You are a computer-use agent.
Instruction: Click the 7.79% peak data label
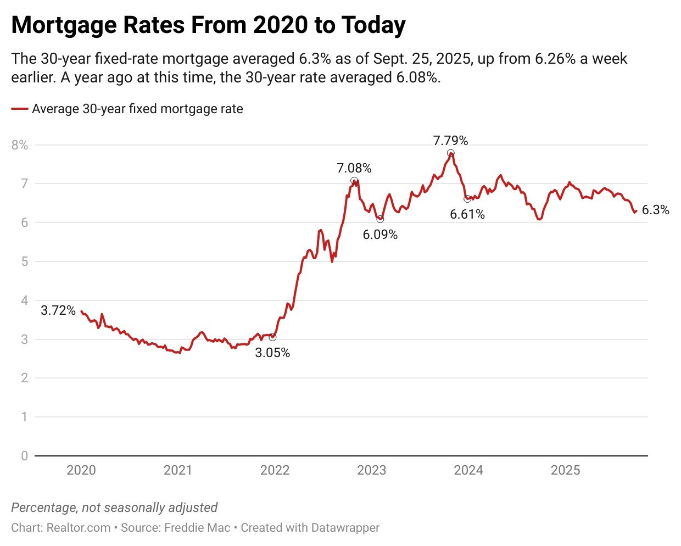pyautogui.click(x=450, y=141)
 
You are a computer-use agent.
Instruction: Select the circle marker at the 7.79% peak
pyautogui.click(x=450, y=153)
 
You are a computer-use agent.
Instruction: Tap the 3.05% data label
pyautogui.click(x=272, y=353)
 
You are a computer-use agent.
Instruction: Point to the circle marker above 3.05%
pyautogui.click(x=272, y=337)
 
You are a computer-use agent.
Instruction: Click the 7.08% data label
pyautogui.click(x=354, y=168)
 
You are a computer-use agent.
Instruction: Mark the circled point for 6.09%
pyautogui.click(x=380, y=219)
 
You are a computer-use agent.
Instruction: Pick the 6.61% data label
pyautogui.click(x=467, y=214)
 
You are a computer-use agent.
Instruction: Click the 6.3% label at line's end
pyautogui.click(x=655, y=210)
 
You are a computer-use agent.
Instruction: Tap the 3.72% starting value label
pyautogui.click(x=58, y=310)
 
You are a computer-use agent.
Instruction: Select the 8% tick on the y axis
pyautogui.click(x=20, y=145)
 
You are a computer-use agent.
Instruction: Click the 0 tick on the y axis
pyautogui.click(x=24, y=456)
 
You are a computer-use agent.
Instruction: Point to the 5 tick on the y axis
pyautogui.click(x=24, y=261)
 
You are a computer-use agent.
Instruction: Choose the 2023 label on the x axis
pyautogui.click(x=371, y=470)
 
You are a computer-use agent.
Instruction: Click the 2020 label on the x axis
pyautogui.click(x=81, y=470)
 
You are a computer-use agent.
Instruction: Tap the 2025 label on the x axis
pyautogui.click(x=565, y=470)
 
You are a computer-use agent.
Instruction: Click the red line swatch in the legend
pyautogui.click(x=20, y=109)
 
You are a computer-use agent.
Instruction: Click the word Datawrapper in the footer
pyautogui.click(x=345, y=528)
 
